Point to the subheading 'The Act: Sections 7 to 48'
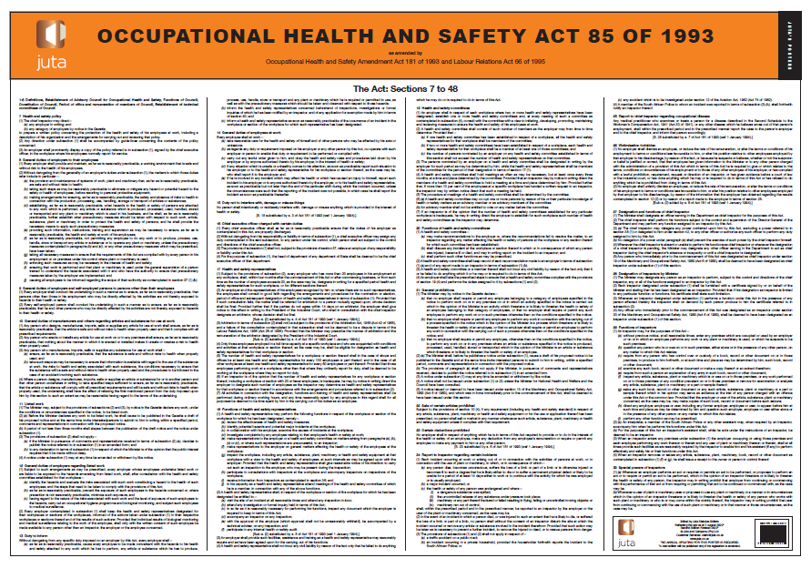[x=404, y=87]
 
